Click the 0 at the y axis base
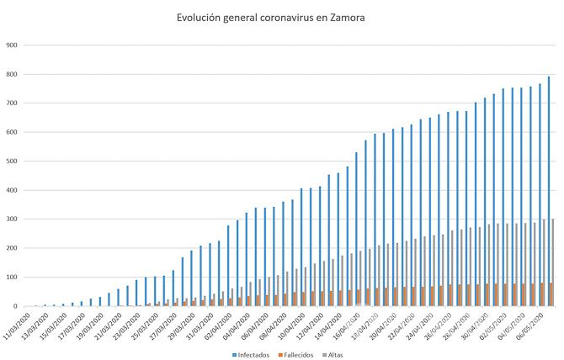tap(14, 306)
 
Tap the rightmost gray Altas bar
tap(553, 262)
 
